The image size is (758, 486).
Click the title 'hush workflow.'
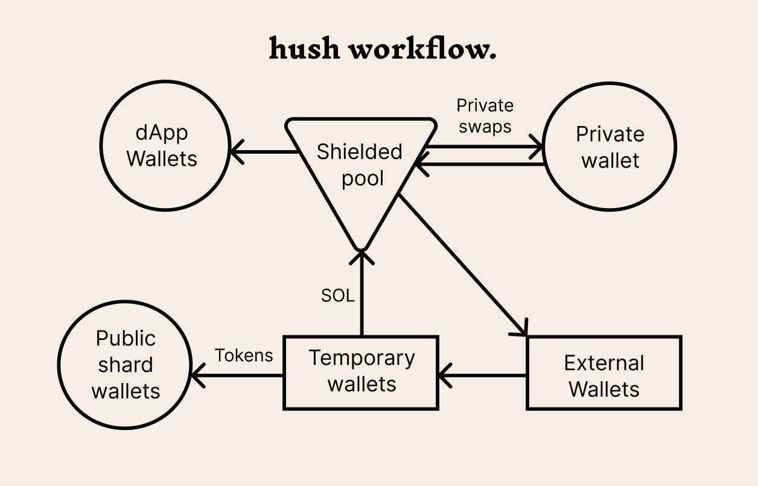point(383,48)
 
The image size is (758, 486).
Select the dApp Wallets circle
point(163,147)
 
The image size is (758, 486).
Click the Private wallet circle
point(610,147)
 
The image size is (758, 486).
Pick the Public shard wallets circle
point(126,365)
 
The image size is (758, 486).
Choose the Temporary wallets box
point(361,372)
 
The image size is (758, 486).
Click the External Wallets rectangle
point(604,373)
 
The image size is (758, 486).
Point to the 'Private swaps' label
point(485,116)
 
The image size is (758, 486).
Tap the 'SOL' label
point(337,296)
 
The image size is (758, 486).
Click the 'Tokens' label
point(244,355)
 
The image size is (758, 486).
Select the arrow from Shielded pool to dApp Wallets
point(266,151)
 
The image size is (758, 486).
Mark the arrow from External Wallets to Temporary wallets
point(483,376)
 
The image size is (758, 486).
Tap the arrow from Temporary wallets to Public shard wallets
point(238,376)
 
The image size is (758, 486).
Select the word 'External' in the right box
point(604,363)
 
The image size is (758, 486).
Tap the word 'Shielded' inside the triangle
point(359,152)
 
